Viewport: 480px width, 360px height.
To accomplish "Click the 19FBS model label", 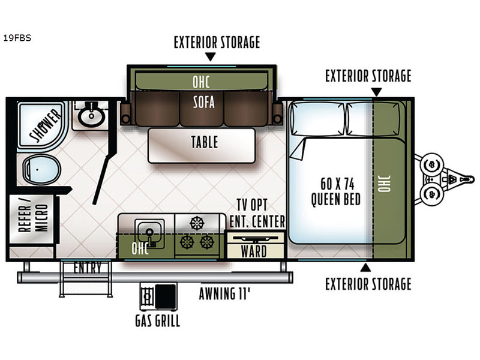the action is click(x=17, y=38).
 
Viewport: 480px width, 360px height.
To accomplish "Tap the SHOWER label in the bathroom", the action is click(x=46, y=125).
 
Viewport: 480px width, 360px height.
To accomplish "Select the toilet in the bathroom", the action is click(x=41, y=169).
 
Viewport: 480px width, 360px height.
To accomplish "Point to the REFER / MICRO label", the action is click(x=33, y=218).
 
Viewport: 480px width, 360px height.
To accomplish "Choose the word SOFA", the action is click(x=203, y=102).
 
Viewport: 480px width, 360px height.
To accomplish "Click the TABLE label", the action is click(x=205, y=142).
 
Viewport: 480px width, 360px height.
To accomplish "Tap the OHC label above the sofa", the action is click(x=201, y=82).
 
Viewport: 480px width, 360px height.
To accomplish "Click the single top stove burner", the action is click(x=197, y=223).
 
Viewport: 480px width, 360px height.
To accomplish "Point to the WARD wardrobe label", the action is click(x=254, y=251).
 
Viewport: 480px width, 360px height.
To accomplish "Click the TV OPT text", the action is click(x=252, y=205).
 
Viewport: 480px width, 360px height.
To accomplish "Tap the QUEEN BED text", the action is click(x=335, y=199).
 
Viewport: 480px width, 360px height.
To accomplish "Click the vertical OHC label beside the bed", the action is click(x=385, y=184).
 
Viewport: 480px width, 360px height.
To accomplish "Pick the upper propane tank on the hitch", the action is click(x=431, y=164).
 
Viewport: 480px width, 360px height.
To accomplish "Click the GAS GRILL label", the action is click(x=158, y=321).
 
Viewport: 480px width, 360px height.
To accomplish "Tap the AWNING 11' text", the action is click(x=224, y=294).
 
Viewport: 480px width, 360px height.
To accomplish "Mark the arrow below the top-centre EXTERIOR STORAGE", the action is click(x=211, y=57).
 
